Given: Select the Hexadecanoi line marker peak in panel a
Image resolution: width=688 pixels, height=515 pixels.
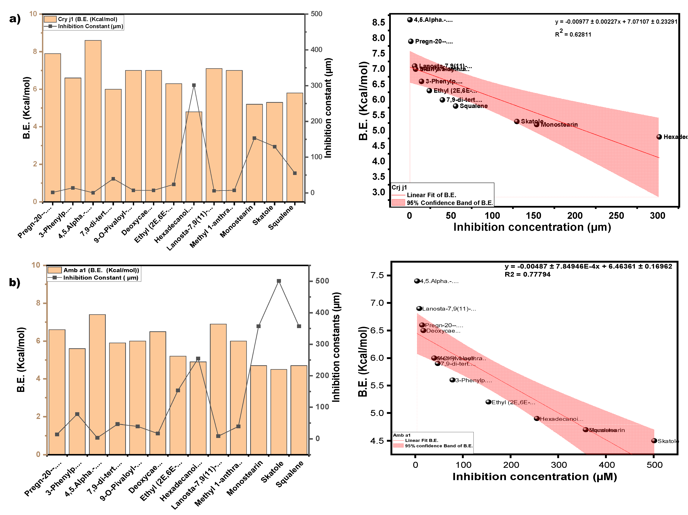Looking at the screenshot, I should (194, 85).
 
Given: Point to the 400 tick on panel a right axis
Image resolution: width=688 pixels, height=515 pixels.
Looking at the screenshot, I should (316, 49).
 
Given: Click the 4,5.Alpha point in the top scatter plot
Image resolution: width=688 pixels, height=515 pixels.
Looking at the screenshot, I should (410, 20).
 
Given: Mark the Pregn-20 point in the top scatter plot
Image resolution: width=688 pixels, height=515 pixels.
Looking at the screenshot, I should (411, 41).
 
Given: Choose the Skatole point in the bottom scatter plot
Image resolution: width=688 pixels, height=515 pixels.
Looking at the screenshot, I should (654, 441).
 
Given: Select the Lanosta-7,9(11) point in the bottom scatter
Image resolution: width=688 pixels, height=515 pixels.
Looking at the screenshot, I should (419, 309).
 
